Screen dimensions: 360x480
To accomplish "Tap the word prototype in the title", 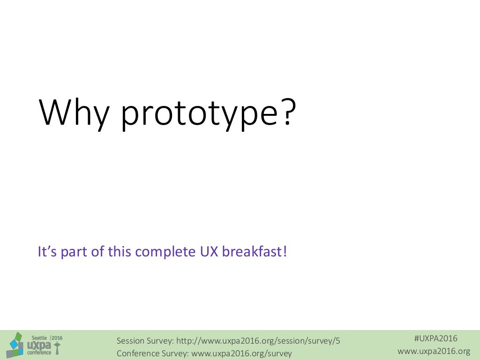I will tap(196, 115).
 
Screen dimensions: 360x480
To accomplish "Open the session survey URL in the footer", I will tap(258, 341).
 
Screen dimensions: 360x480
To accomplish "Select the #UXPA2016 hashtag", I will tap(435, 338).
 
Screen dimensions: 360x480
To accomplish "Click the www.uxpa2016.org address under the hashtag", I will tap(434, 351).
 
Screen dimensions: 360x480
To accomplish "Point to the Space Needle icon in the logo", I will tap(58, 348).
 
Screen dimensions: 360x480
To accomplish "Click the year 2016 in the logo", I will tap(57, 337).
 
